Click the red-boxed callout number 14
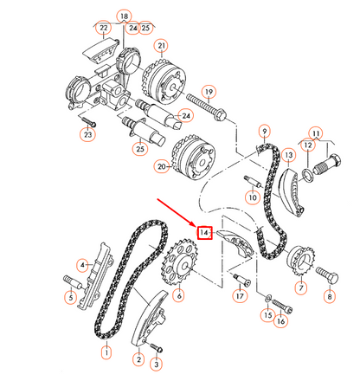click(204, 233)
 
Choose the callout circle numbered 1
click(106, 352)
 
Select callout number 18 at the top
click(124, 16)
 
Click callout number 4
click(83, 265)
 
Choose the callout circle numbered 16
click(280, 321)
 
